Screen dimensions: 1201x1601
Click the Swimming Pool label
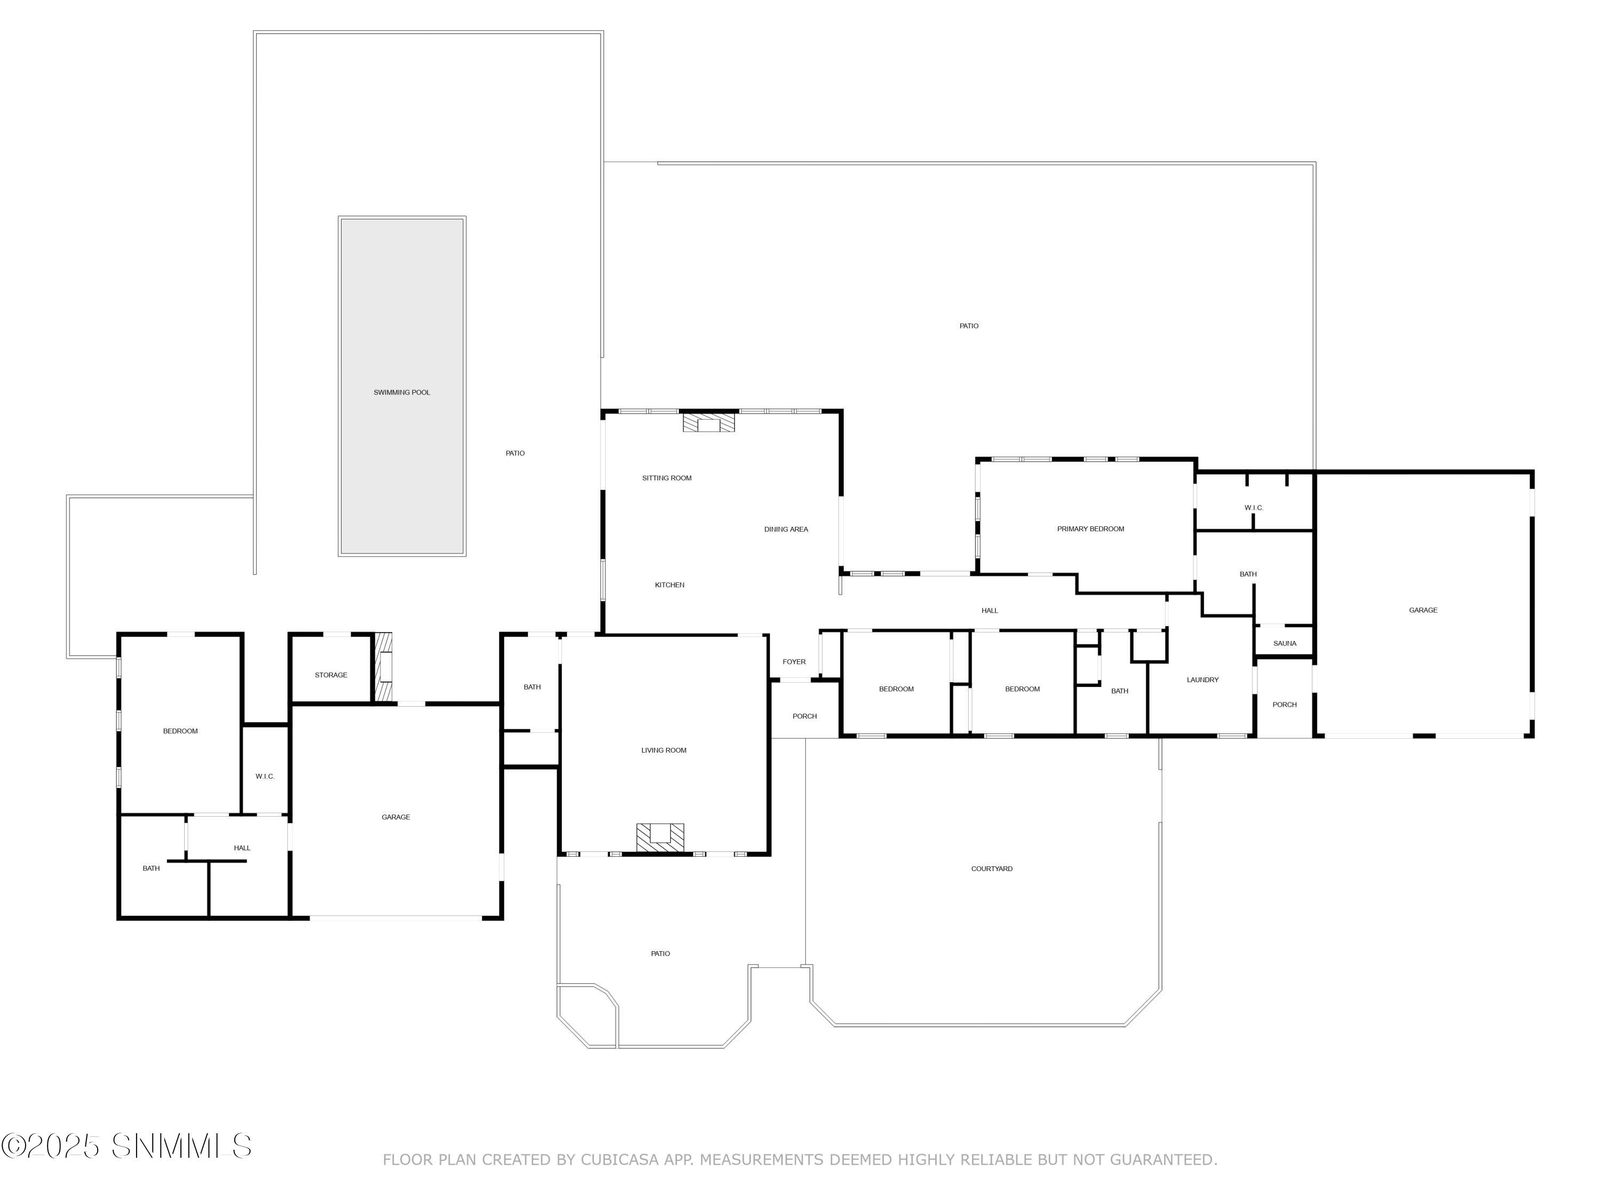pyautogui.click(x=402, y=392)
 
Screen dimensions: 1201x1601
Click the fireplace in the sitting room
pyautogui.click(x=709, y=423)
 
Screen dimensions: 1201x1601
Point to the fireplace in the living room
pyautogui.click(x=660, y=837)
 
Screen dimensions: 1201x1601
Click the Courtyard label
pyautogui.click(x=992, y=868)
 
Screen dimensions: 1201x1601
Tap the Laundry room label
pyautogui.click(x=1202, y=680)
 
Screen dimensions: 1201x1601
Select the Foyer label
pyautogui.click(x=794, y=662)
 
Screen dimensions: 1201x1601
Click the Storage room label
pyautogui.click(x=331, y=675)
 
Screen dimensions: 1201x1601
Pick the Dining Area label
pyautogui.click(x=786, y=529)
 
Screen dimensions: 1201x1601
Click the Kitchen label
pyautogui.click(x=670, y=585)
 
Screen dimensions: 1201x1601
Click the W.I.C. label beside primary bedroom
pyautogui.click(x=1254, y=508)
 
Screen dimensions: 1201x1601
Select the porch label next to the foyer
pyautogui.click(x=804, y=716)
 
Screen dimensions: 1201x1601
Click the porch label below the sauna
pyautogui.click(x=1285, y=705)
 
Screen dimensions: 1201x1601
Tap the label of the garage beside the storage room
pyautogui.click(x=396, y=817)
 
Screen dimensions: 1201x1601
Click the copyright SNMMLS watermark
pyautogui.click(x=126, y=1146)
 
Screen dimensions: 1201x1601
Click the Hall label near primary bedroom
pyautogui.click(x=989, y=610)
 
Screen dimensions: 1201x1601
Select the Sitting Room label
pyautogui.click(x=667, y=478)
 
